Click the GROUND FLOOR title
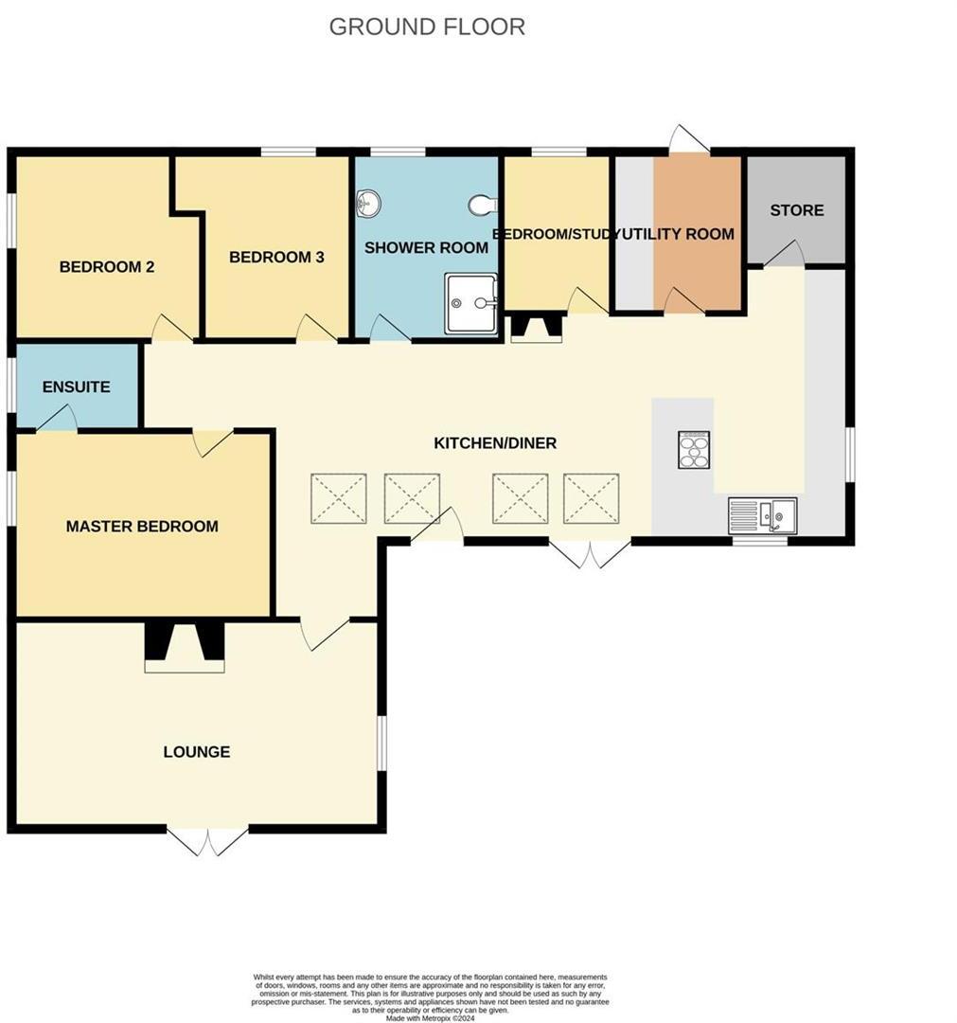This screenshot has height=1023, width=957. point(427,27)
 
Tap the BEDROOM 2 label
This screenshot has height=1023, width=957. point(107,267)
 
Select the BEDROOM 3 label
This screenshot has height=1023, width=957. point(276,257)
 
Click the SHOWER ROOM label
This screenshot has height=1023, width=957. point(426,248)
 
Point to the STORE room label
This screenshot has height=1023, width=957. point(796,210)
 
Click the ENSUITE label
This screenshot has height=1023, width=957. point(77,386)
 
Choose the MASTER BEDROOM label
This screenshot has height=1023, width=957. point(142,527)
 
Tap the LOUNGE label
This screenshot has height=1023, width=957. point(197,752)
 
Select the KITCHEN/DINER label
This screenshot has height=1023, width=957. point(495,443)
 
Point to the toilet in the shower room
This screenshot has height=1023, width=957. point(483,205)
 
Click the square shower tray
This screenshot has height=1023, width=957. point(471,303)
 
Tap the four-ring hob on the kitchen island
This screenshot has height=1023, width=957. point(694,450)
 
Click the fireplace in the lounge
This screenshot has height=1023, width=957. point(185,647)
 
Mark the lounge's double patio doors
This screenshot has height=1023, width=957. point(207,840)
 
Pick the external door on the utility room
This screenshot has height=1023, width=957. point(690,139)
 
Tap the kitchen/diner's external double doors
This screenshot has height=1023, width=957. point(591,553)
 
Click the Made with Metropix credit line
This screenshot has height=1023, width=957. point(431,1017)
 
